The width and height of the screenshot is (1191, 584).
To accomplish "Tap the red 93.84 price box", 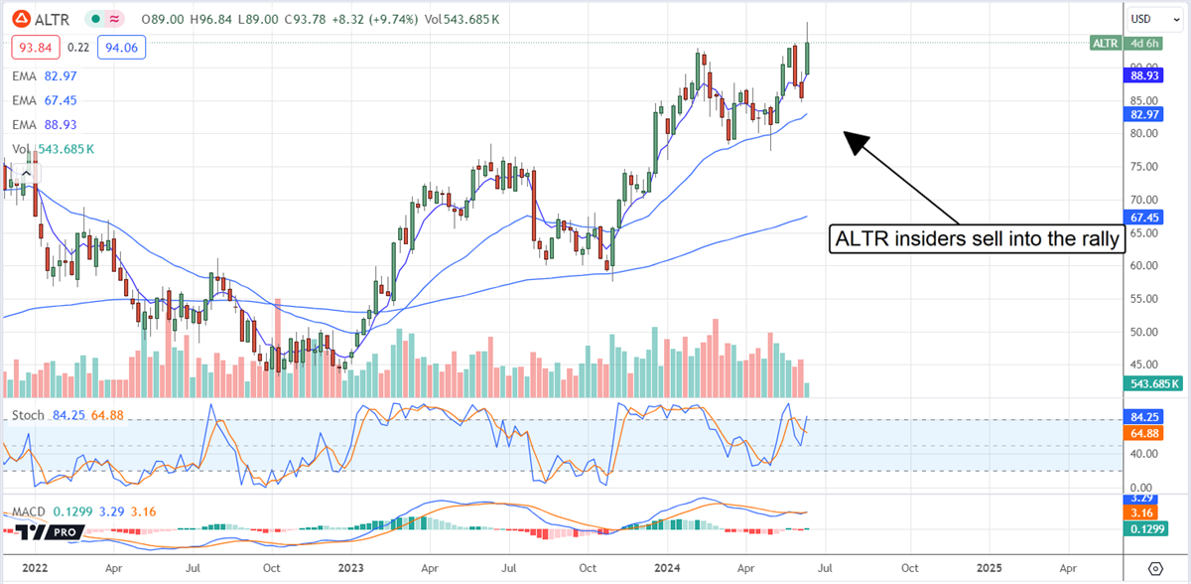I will click(36, 47).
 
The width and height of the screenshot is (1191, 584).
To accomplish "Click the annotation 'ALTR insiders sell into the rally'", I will click(978, 238).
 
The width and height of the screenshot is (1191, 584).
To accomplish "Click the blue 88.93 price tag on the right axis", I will click(1146, 74).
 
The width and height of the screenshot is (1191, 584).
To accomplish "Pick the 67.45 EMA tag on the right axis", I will click(1146, 216).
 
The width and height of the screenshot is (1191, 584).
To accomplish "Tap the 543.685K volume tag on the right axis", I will click(1152, 383).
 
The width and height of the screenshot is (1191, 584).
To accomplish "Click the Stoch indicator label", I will click(27, 414).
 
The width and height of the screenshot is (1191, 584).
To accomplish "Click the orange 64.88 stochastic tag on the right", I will click(1146, 434).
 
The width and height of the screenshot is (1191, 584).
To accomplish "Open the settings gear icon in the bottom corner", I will click(1154, 568).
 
